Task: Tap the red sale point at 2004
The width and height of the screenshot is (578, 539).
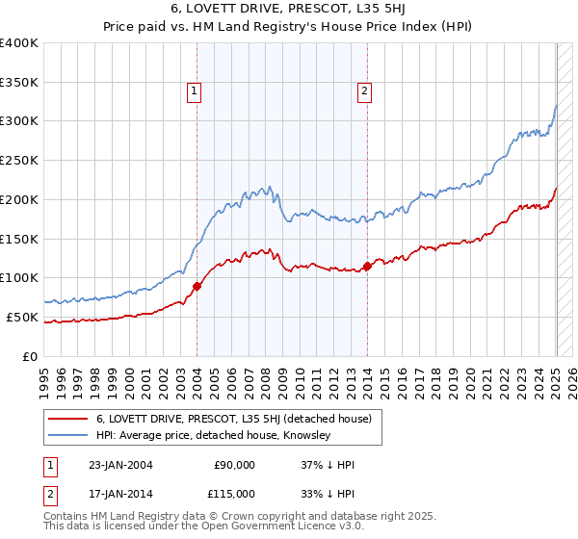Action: pyautogui.click(x=197, y=285)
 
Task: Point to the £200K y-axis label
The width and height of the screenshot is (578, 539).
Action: pyautogui.click(x=19, y=199)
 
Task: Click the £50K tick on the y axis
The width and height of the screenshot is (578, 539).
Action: pyautogui.click(x=23, y=317)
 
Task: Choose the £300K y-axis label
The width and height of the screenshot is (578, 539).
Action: pyautogui.click(x=19, y=121)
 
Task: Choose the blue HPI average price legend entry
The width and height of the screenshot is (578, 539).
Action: pyautogui.click(x=213, y=436)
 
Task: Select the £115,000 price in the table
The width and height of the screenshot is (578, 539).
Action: pyautogui.click(x=233, y=493)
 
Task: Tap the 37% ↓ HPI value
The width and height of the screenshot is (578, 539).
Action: pyautogui.click(x=328, y=465)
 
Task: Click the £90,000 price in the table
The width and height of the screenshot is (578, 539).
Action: pyautogui.click(x=233, y=465)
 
